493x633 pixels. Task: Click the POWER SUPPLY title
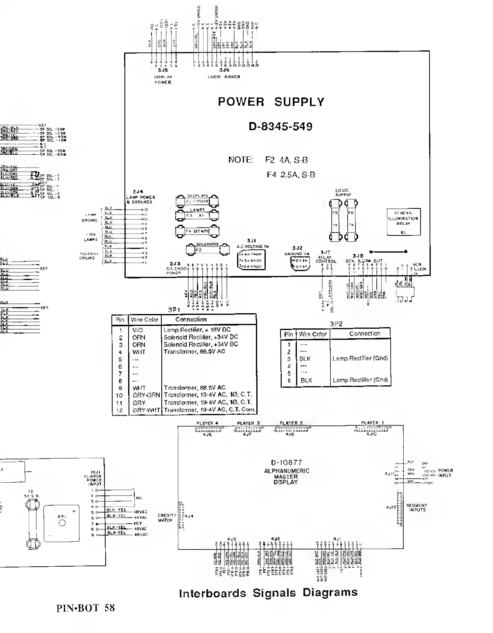[271, 102]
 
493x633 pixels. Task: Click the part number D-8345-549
[280, 127]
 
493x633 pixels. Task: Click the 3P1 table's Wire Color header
[145, 320]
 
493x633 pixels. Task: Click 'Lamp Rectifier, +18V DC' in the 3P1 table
[197, 330]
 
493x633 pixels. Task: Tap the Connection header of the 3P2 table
[364, 334]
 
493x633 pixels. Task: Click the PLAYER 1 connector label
[372, 423]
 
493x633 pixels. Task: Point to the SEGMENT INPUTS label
[416, 508]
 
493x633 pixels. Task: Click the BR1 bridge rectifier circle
[62, 523]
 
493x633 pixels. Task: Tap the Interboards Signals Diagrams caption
[268, 592]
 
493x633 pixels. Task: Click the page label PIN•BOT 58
[86, 608]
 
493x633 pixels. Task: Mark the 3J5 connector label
[163, 70]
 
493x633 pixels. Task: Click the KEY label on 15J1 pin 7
[138, 523]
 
